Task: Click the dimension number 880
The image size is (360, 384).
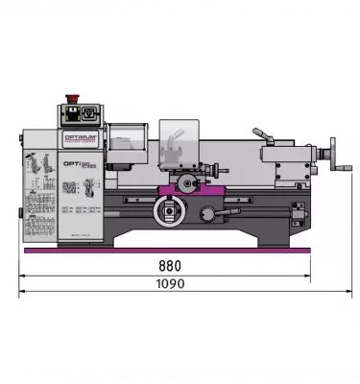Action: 170,266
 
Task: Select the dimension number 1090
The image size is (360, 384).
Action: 170,284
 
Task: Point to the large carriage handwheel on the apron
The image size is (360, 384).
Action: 169,211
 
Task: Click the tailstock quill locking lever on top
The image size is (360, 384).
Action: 262,136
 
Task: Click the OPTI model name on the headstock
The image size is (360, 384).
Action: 75,164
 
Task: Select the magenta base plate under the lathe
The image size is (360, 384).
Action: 168,250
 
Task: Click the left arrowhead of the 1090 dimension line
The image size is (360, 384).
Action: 21,294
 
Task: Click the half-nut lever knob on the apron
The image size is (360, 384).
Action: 207,213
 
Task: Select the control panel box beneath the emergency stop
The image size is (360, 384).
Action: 81,115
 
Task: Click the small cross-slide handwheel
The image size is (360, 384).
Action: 187,182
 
